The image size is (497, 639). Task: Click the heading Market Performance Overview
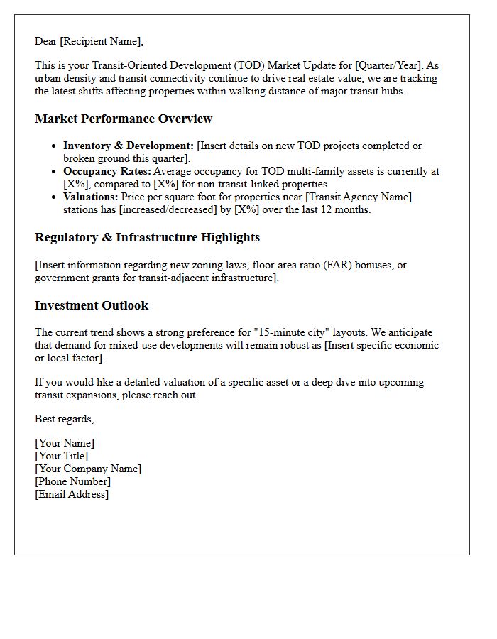(124, 119)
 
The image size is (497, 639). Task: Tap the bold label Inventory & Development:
(129, 146)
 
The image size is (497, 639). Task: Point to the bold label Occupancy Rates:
(106, 171)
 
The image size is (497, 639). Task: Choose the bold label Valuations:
(91, 197)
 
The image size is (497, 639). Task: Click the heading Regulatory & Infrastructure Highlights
(147, 237)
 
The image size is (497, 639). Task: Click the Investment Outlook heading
(92, 305)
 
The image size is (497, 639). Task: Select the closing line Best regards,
(65, 419)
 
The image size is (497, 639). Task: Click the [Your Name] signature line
(65, 443)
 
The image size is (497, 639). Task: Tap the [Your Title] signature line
(62, 456)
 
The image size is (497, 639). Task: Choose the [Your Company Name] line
(88, 469)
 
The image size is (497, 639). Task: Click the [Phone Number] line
(72, 481)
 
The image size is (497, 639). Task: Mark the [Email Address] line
(72, 494)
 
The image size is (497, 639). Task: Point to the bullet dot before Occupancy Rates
(55, 172)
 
